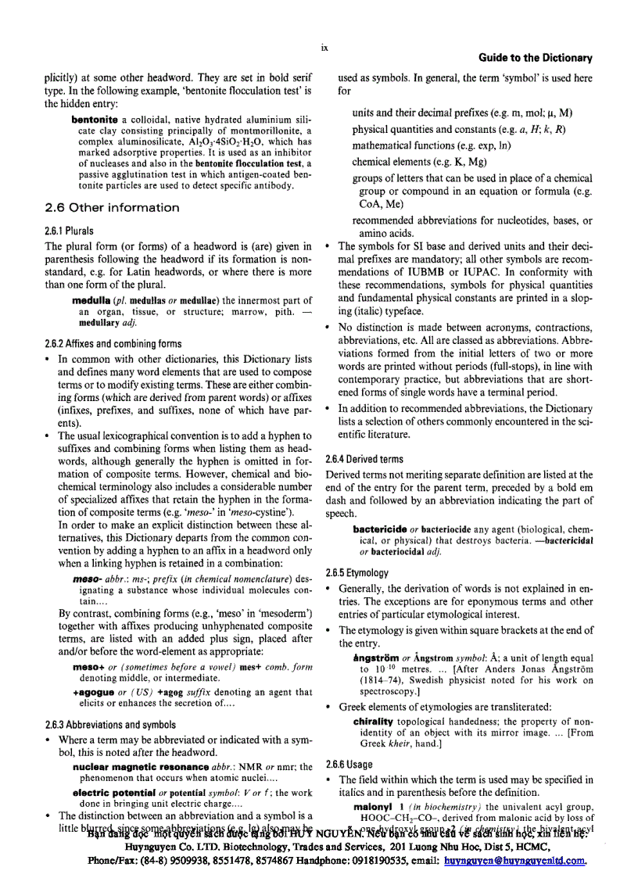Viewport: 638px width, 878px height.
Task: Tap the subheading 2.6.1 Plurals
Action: click(70, 231)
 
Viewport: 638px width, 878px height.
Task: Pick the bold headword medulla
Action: click(91, 300)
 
